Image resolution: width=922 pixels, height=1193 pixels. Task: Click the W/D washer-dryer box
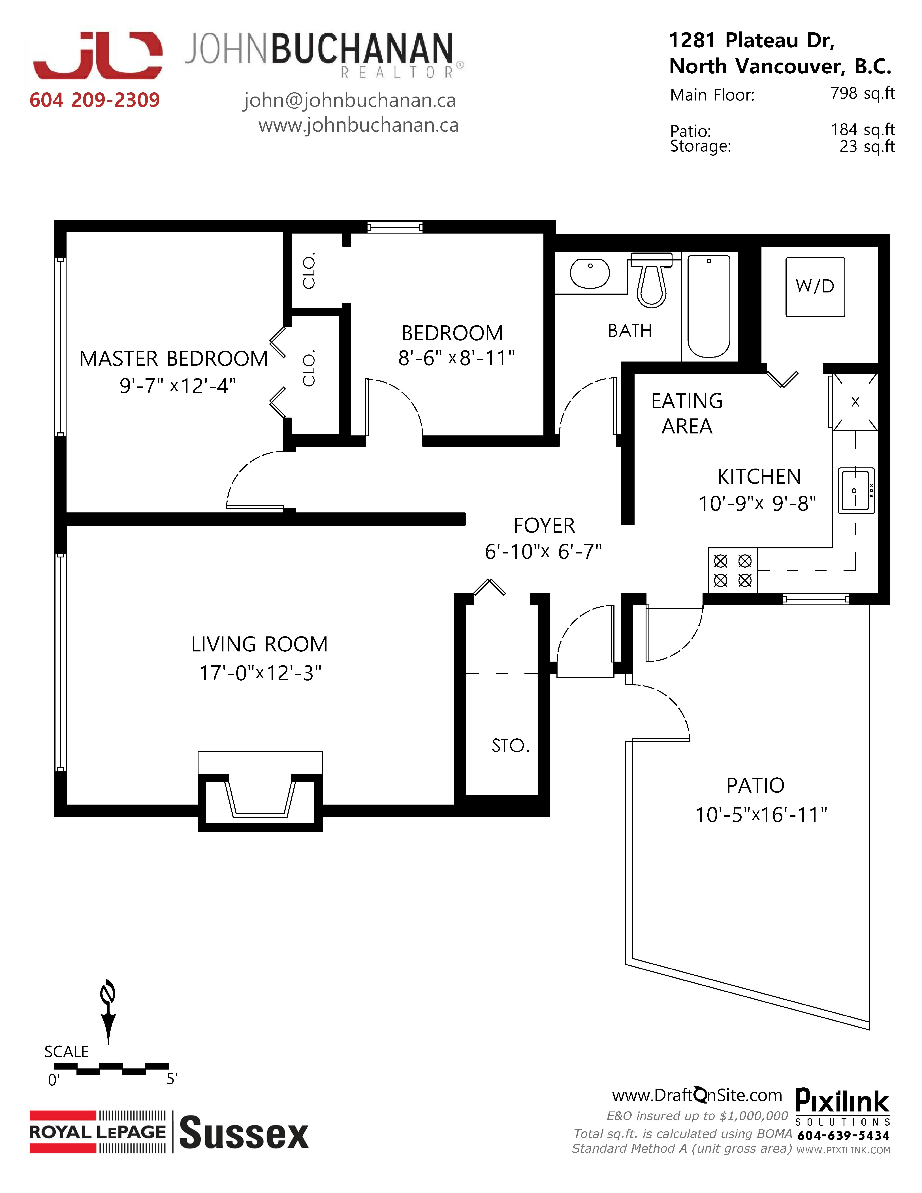coord(815,287)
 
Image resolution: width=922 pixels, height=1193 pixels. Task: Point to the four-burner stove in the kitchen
coord(733,570)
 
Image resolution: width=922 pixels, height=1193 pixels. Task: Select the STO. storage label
coord(511,746)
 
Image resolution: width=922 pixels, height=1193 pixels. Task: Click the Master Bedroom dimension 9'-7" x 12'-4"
coord(178,386)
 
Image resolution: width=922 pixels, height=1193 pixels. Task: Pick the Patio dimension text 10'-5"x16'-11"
coord(761,815)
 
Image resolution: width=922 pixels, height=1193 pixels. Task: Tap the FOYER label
coord(544,525)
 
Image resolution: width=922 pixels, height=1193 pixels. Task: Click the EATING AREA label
coord(687,414)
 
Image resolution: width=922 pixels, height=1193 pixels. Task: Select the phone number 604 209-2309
coord(95,100)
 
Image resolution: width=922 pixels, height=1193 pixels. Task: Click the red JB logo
coord(97,56)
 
